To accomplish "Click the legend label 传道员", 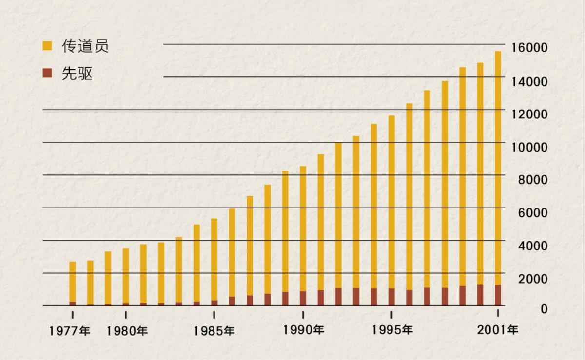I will coord(84,46).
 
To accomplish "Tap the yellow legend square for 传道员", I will coord(47,46).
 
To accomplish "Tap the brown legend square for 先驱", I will coord(47,74).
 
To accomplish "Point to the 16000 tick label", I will coord(529,48).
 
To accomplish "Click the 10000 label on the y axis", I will coord(529,147).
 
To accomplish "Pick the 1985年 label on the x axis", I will coord(214,331).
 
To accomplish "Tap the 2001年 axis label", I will coord(498,330).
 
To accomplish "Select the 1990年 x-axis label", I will coord(303,330).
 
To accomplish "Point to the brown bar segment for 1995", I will coord(391,297).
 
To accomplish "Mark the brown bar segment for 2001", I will coord(498,295).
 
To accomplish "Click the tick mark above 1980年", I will coord(126,314).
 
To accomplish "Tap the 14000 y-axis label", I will coord(529,81).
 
